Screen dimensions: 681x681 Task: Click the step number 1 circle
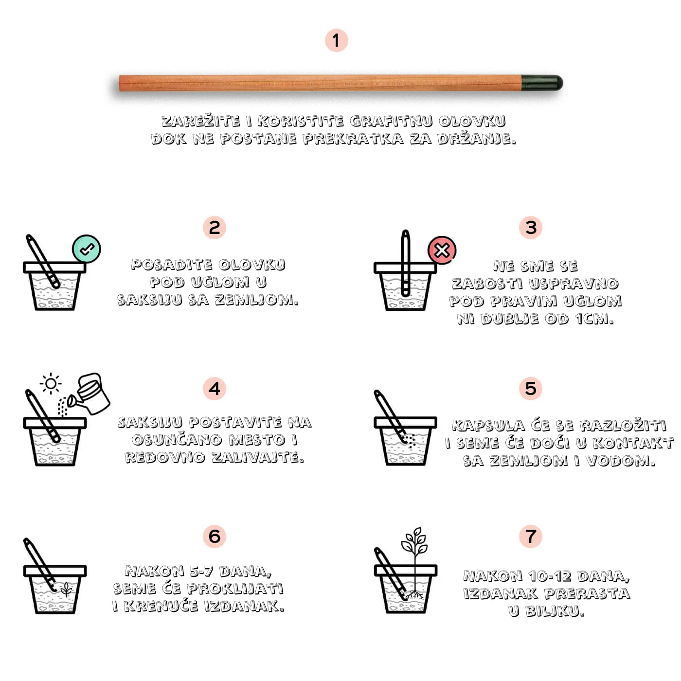click(x=336, y=40)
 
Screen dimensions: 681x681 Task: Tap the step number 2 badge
click(x=214, y=228)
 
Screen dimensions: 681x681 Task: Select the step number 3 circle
click(x=531, y=228)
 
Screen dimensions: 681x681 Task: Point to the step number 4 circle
click(x=214, y=389)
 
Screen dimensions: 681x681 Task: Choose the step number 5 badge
click(x=531, y=388)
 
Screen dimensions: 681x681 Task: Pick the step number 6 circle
click(x=214, y=537)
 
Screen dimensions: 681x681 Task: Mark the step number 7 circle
click(x=531, y=536)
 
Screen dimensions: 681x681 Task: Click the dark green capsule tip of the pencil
click(x=542, y=83)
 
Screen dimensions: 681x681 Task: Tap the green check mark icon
click(x=86, y=249)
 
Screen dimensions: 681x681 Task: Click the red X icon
click(x=442, y=250)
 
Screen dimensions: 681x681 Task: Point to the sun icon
click(x=51, y=383)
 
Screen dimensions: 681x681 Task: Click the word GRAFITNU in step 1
click(x=391, y=121)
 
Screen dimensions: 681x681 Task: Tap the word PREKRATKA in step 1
click(x=353, y=139)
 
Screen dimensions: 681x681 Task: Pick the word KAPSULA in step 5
click(x=488, y=426)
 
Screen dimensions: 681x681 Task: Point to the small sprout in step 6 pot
click(x=66, y=589)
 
